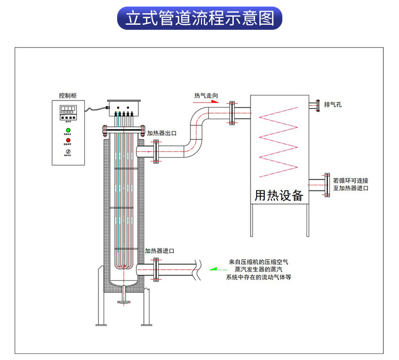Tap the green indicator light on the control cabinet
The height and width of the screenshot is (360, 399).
[68, 130]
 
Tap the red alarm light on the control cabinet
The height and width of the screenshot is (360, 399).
[68, 140]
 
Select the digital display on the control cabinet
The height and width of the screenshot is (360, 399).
[68, 109]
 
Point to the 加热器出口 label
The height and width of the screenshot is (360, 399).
[162, 133]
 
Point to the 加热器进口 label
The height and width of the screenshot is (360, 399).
[160, 251]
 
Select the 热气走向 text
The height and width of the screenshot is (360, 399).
[207, 94]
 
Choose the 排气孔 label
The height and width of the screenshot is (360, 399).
[333, 105]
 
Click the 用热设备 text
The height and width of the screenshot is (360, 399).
[278, 195]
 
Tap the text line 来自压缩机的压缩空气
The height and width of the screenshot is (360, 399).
[259, 262]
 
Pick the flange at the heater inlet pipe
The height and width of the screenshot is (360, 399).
[156, 269]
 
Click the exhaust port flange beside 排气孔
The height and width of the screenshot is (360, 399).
[318, 105]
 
